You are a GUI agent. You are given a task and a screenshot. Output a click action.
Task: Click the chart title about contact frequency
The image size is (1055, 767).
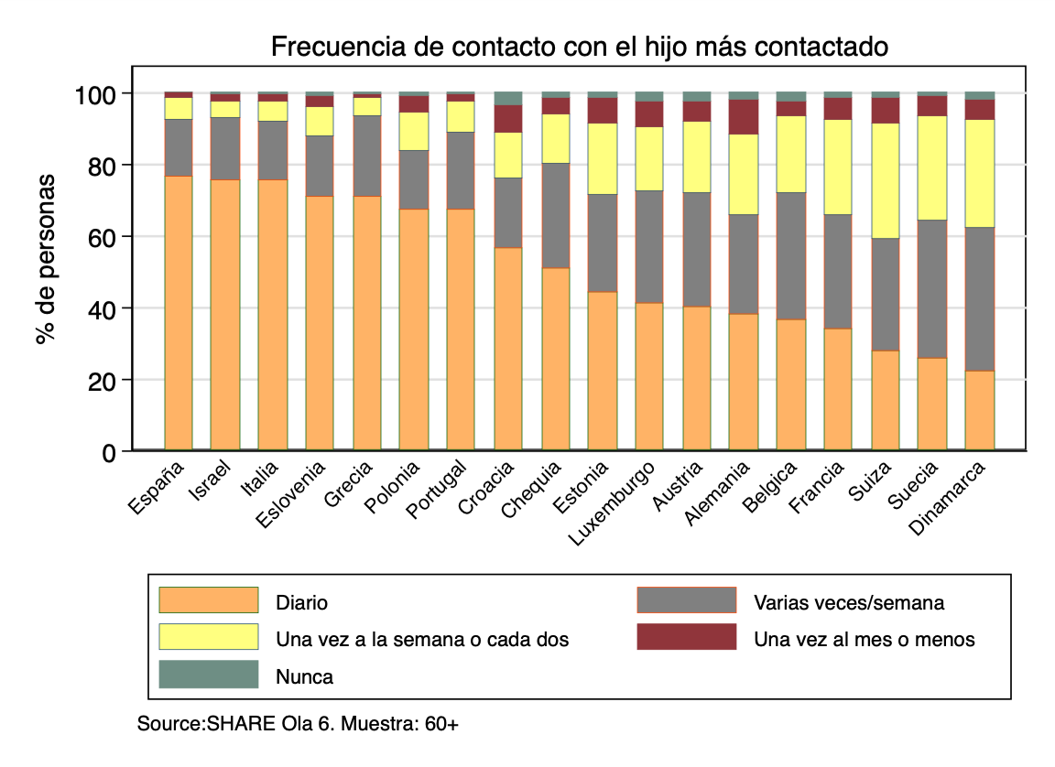point(579,47)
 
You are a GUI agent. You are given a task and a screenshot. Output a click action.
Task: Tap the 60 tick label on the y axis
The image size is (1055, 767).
point(99,237)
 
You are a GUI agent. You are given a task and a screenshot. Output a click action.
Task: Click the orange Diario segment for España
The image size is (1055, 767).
point(178,311)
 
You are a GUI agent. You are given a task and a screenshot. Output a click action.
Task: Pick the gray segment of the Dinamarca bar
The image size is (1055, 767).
point(980,298)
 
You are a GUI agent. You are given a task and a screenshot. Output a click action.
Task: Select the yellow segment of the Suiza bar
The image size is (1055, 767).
point(885,180)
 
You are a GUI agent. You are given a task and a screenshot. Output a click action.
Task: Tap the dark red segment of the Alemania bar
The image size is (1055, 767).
point(744,117)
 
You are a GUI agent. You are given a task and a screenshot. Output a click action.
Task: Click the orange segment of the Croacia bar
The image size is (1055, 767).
point(507,348)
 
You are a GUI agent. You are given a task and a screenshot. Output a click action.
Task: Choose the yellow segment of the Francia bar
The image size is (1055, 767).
point(838,167)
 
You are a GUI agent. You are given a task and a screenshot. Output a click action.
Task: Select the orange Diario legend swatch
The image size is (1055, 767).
point(209,600)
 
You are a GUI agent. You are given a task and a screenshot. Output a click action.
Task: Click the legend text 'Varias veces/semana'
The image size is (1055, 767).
point(848,603)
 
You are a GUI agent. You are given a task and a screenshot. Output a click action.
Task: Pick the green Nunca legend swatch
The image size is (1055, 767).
point(209,675)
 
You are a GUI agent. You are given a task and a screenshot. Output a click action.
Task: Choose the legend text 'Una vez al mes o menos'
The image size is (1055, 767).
point(864,640)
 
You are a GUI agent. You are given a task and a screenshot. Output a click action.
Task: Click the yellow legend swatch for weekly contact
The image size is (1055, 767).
point(209,637)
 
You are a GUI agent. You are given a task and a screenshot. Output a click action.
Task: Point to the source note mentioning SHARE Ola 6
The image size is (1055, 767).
point(298,724)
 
